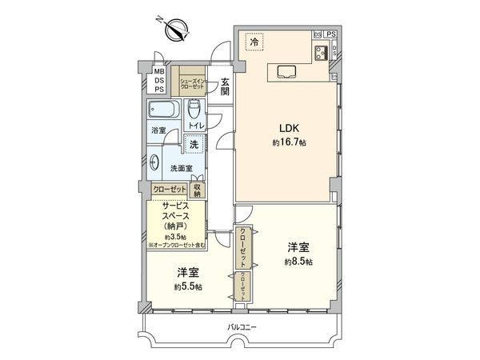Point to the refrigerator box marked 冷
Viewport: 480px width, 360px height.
(x=254, y=41)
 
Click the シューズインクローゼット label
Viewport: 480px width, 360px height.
(x=194, y=82)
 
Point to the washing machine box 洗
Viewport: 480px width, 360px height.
(x=193, y=146)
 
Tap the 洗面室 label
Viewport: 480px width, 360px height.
(x=182, y=169)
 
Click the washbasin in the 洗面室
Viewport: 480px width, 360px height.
(x=154, y=161)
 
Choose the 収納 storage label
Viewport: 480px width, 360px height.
(x=198, y=190)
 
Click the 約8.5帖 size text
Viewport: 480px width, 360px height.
(x=298, y=262)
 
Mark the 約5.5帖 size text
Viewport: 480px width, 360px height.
(x=189, y=286)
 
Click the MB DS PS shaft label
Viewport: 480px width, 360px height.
(x=160, y=80)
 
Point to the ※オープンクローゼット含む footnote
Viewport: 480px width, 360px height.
(x=176, y=244)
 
